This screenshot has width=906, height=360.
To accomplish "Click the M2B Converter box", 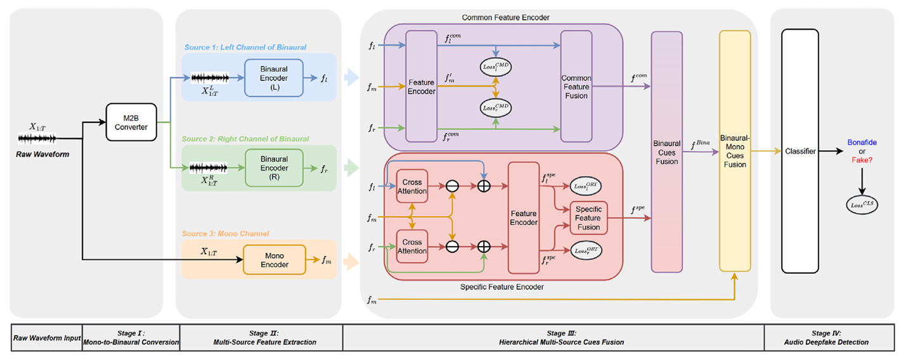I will tap(131, 122).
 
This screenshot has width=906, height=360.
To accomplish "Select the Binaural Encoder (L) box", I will tap(275, 78).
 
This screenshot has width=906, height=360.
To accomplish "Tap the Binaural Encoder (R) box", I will tap(275, 168).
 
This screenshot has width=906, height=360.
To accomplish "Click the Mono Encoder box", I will tap(274, 260).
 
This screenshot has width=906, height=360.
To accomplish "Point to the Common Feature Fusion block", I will tap(576, 87).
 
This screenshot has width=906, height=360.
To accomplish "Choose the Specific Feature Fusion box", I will tap(588, 218).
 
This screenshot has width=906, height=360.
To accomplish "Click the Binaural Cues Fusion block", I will tap(666, 152).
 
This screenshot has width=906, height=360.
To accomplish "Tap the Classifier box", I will tap(799, 151).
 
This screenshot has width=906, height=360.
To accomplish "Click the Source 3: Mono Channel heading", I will tap(227, 233).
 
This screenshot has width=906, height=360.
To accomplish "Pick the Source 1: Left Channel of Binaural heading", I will tap(245, 48).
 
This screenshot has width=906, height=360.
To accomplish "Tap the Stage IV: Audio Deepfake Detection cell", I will tap(829, 338).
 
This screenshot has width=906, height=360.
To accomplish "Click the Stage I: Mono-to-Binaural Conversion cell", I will tap(131, 338).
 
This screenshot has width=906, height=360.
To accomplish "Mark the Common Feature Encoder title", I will tap(505, 17).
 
